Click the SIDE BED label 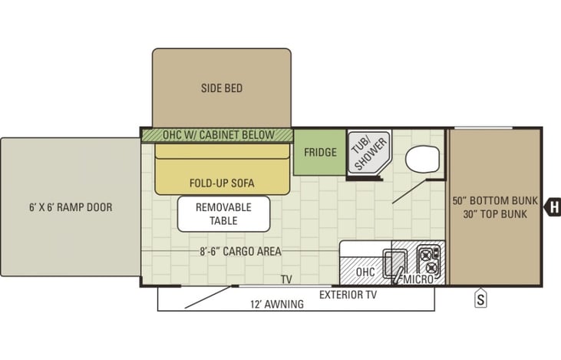222,88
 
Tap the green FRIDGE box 320,152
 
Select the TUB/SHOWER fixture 369,153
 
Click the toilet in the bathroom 422,159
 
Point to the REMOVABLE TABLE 223,214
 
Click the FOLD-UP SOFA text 222,183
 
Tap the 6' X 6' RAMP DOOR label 71,207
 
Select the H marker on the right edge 553,207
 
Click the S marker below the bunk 480,298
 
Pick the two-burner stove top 429,259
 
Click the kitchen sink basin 395,264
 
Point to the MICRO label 418,279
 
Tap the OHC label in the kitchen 365,272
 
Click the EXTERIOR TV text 348,295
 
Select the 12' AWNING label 277,304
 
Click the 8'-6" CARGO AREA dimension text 240,251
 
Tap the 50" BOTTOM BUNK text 495,200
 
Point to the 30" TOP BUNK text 495,214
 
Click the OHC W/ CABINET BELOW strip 217,135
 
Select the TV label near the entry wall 286,279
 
